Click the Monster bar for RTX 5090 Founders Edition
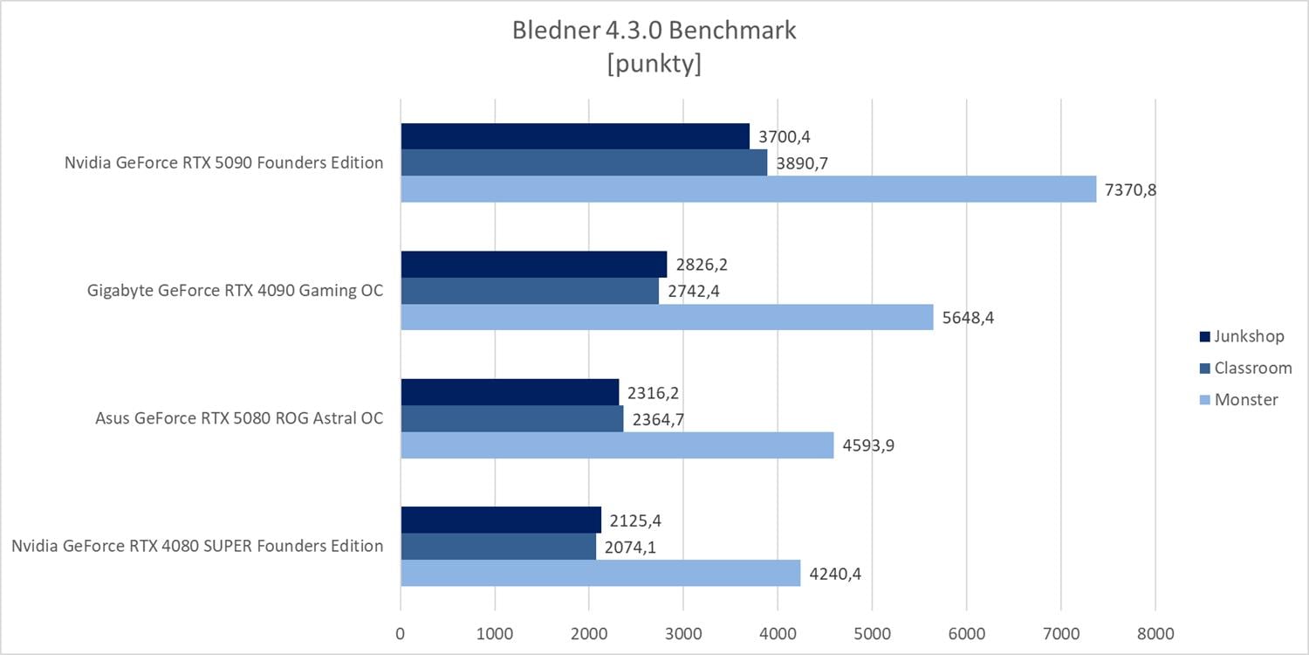click(748, 189)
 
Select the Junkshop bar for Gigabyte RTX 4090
click(533, 264)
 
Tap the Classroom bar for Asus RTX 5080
click(512, 418)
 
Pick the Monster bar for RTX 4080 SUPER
click(600, 573)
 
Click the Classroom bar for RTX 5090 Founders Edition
click(584, 162)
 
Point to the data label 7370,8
click(1130, 190)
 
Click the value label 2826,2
click(702, 265)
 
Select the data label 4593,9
click(868, 445)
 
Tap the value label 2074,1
click(631, 548)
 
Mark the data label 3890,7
click(802, 163)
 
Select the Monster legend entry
click(1239, 399)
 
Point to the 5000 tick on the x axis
click(872, 631)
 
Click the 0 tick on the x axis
click(401, 631)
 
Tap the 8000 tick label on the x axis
click(1155, 631)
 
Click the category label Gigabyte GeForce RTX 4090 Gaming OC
click(236, 291)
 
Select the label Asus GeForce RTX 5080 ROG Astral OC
click(239, 418)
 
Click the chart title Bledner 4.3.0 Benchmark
click(654, 30)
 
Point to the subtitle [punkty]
click(654, 65)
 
